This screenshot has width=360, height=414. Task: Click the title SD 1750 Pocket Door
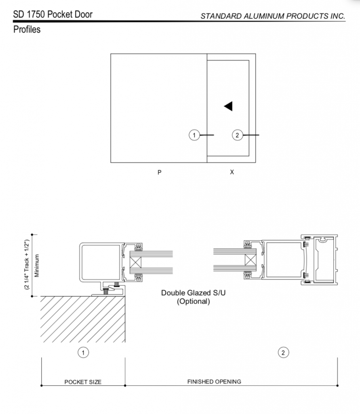[53, 15]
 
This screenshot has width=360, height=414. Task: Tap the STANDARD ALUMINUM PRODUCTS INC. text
[273, 16]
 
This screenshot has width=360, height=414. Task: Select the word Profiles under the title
[27, 30]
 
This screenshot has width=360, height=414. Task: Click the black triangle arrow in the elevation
[229, 106]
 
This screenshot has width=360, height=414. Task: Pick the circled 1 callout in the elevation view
[194, 135]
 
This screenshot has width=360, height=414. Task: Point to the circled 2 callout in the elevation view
[238, 135]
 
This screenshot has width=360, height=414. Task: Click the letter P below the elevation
[160, 172]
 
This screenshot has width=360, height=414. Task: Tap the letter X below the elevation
[232, 172]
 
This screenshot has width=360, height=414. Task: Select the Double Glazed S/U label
[194, 293]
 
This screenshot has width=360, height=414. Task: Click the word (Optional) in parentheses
[194, 301]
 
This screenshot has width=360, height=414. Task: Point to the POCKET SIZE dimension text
[83, 382]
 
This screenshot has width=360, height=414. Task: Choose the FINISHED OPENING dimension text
[214, 381]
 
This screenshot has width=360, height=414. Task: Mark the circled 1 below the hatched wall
[83, 353]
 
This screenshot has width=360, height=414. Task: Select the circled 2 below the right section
[283, 353]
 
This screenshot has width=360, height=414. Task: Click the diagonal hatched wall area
[81, 319]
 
